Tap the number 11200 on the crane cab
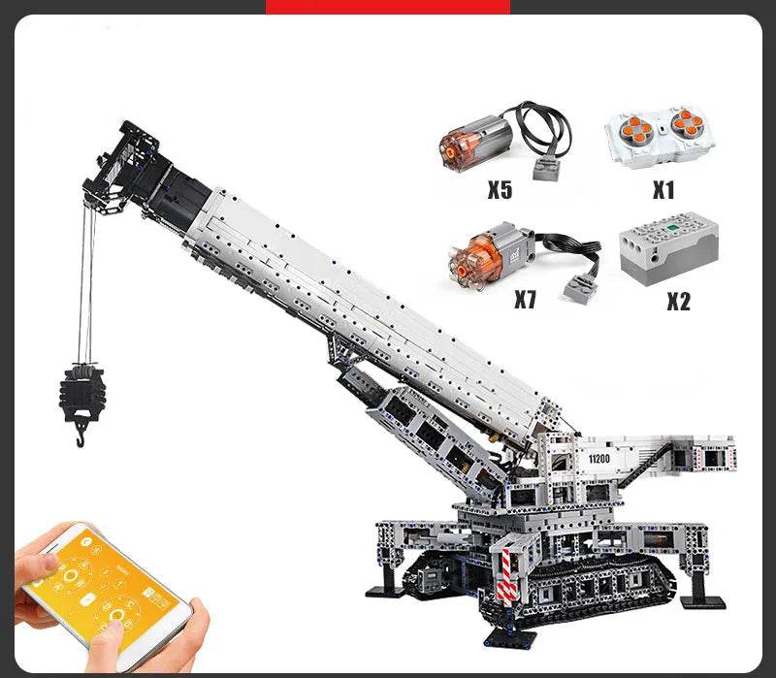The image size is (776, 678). [x=598, y=459]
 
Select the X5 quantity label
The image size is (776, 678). [x=500, y=189]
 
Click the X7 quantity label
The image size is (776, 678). [x=525, y=299]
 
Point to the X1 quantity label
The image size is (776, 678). [x=663, y=189]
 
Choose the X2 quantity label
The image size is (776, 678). [x=678, y=301]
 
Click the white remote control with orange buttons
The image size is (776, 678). [x=659, y=131]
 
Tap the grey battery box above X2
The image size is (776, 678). [x=668, y=243]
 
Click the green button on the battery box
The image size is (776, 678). [x=672, y=228]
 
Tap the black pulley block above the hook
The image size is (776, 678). [x=81, y=389]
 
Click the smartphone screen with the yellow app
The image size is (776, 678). [x=108, y=588]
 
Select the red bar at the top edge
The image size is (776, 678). [x=388, y=7]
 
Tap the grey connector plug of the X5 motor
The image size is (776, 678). [x=548, y=169]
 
